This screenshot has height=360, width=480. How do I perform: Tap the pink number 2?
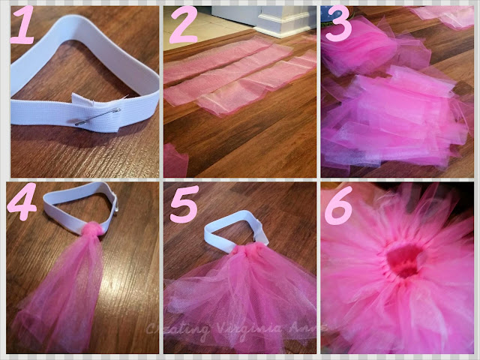pos(183,25)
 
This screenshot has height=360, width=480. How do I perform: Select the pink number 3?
pos(338,25)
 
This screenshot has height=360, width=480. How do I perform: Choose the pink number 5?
pos(184,203)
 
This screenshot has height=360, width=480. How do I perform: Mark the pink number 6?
pos(338,205)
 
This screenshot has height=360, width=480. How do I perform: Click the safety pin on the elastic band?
pos(98,117)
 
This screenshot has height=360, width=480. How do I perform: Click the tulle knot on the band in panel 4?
pos(91,229)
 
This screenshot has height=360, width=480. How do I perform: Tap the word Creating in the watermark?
pos(178,329)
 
